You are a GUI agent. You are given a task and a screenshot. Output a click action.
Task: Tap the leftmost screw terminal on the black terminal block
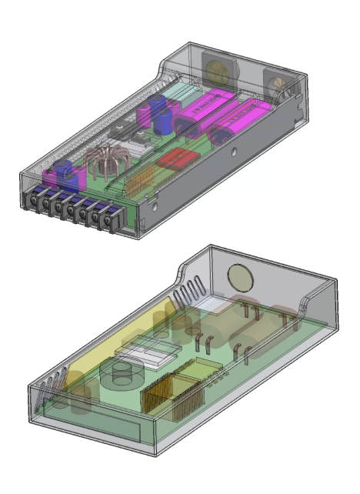[35, 205]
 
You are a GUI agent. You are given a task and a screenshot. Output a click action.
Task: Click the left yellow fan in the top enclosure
[216, 71]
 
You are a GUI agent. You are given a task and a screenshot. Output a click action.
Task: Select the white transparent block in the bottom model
[146, 353]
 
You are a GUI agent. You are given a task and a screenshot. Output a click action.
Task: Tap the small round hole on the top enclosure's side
[153, 206]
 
